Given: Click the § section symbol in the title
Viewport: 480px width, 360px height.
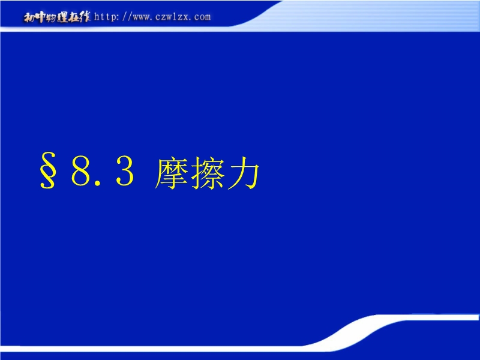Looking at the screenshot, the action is pos(48,170).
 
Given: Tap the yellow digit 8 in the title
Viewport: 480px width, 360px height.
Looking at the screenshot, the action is pos(81,172).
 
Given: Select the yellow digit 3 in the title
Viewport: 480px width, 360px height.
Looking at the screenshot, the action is pos(125,172).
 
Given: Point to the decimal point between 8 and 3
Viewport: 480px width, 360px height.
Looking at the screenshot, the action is pos(98,183).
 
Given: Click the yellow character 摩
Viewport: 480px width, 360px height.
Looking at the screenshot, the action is pos(172,173).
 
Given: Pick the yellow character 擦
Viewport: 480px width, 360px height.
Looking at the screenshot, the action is pos(208,173).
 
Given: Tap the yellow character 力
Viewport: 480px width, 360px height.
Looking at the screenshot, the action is pos(244,173).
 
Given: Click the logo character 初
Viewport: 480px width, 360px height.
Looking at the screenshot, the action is pos(29,17).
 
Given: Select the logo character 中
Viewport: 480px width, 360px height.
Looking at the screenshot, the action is pos(40,17).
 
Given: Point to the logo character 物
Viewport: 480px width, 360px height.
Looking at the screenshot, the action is pos(51,17).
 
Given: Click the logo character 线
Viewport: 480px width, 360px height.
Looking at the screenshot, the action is pos(85,17).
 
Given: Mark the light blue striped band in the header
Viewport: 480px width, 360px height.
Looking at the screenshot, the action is pos(367,16).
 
